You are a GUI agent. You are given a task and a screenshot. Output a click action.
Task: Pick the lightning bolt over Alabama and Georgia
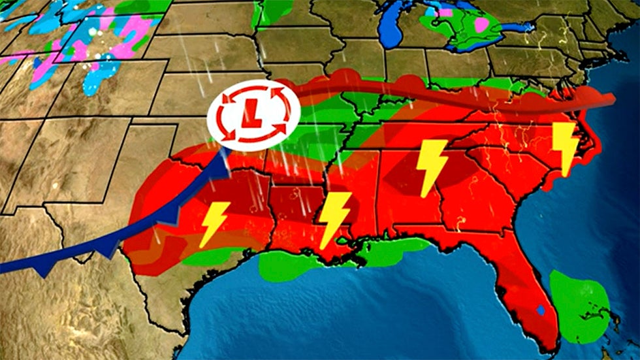[x=432, y=167]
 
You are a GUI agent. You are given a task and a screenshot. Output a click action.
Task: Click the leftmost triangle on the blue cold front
[x=44, y=270]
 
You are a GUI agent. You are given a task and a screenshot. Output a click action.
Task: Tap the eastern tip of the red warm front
[x=612, y=99]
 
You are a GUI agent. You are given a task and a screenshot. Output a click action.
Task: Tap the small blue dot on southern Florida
[x=539, y=310]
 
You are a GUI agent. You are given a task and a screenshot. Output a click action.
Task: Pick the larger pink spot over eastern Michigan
[x=482, y=25]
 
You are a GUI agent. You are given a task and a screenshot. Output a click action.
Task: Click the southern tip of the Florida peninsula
[x=552, y=350]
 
